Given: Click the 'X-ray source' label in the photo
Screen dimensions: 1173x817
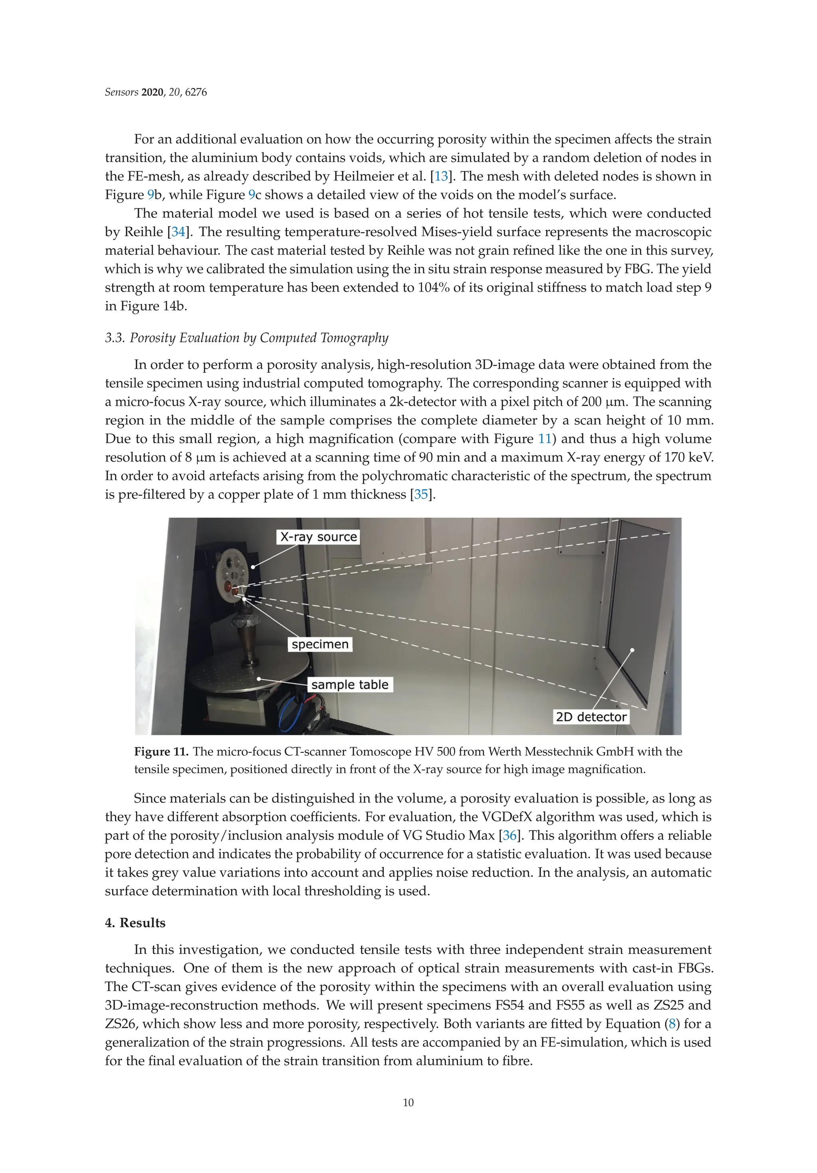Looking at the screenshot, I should [318, 537].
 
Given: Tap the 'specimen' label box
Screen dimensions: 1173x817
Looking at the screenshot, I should [320, 644].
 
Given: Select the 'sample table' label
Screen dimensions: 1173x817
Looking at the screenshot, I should [350, 685].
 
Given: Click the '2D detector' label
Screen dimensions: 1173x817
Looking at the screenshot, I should [591, 717].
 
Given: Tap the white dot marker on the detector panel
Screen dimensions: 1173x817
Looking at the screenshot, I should [632, 650].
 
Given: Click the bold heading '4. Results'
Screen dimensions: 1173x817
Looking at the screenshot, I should [135, 923].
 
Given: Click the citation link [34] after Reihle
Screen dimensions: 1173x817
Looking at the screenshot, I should [178, 232].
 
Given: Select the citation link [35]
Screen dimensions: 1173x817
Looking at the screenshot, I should [421, 495].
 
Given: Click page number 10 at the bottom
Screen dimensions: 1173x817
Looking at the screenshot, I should [408, 1102].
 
